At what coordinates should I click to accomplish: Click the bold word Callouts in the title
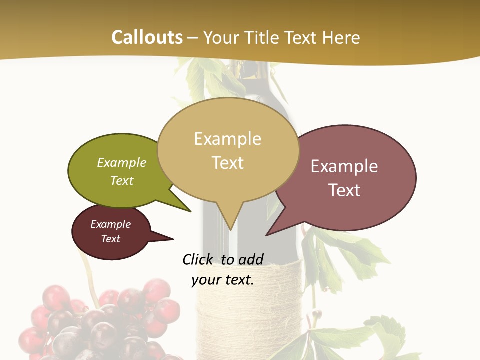coord(147,37)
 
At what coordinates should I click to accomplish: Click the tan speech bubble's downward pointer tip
coord(230,229)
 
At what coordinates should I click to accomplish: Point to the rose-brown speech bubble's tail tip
coord(267,235)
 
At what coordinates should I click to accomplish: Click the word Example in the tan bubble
coord(227,139)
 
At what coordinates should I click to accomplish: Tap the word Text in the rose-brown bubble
coord(344,190)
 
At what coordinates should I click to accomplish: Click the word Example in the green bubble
coord(122,162)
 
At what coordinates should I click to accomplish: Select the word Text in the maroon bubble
coord(111,239)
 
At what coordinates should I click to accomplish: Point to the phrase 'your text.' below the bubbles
coord(223,280)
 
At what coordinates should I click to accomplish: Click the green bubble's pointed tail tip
coord(191,212)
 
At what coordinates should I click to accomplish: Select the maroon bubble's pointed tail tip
coord(173,238)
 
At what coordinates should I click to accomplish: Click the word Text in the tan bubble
coord(227,163)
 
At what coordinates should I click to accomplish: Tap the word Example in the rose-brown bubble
coord(344,166)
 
